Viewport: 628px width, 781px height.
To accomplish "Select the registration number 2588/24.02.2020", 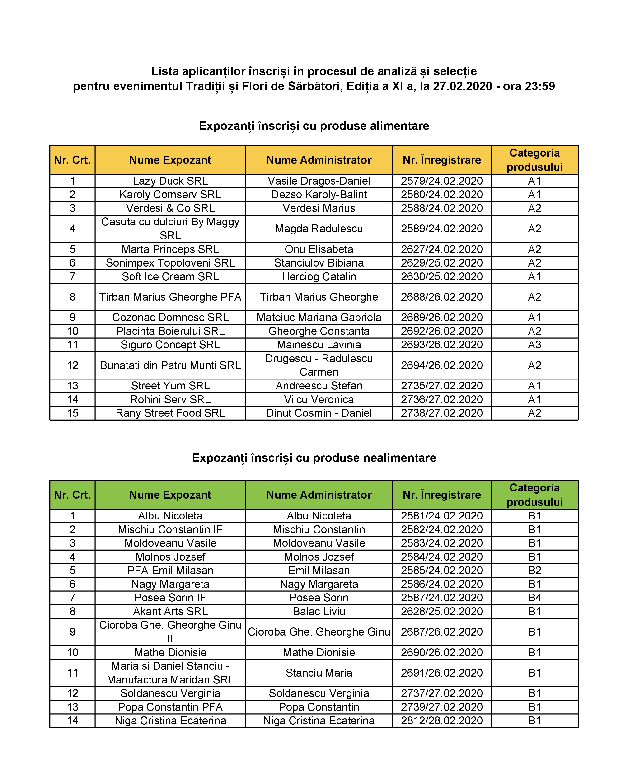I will pos(441,208).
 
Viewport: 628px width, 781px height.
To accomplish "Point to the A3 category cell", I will pos(534,345).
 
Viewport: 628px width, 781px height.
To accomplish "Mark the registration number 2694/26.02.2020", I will pos(441,365).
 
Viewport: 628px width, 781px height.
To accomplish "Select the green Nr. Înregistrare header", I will pos(441,495).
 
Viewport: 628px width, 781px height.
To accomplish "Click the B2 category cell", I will pos(534,570).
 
